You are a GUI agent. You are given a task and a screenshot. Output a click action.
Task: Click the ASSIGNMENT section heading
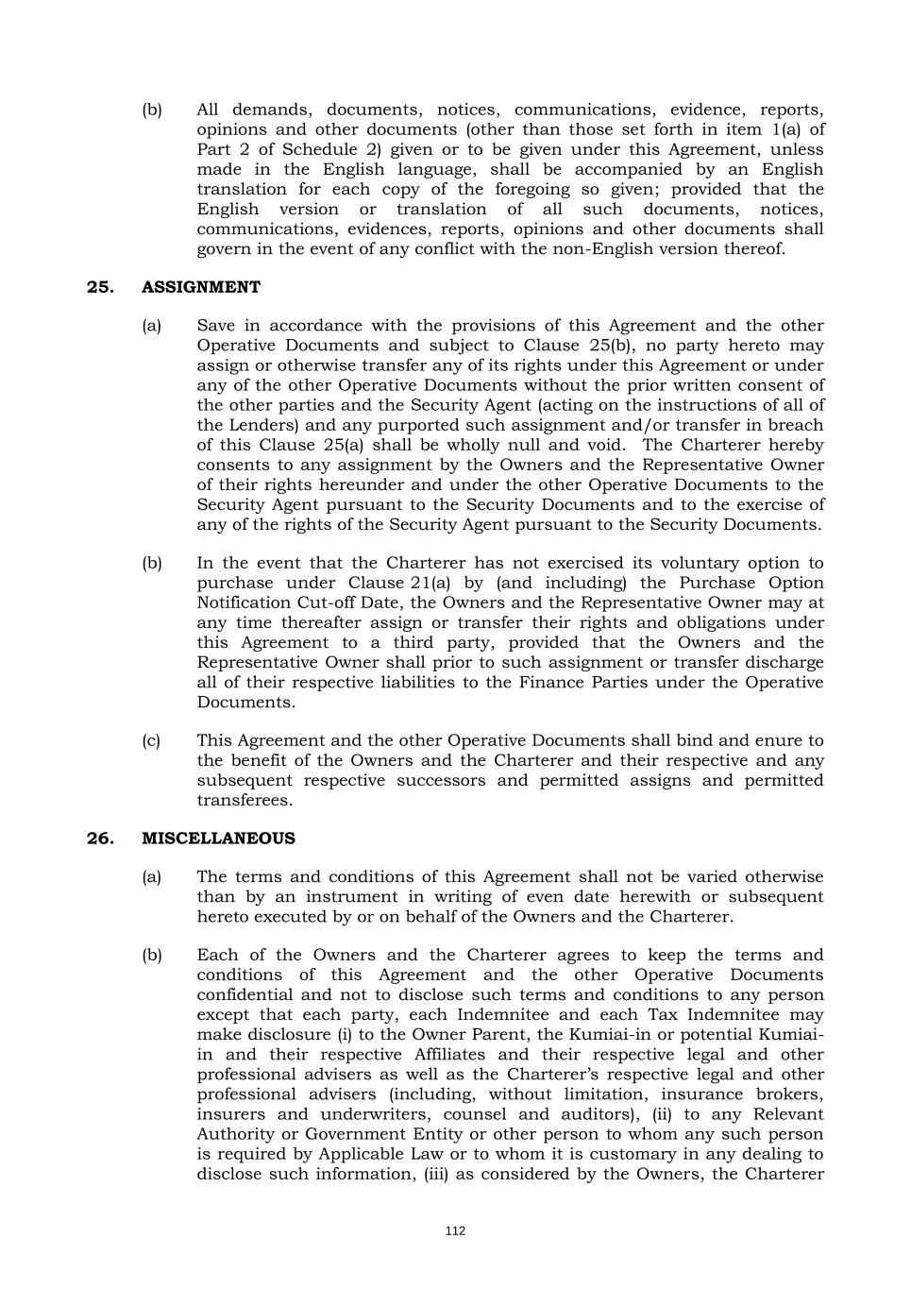201,287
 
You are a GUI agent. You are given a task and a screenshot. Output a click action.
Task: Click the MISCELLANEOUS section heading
218,839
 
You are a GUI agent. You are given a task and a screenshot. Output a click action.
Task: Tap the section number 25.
100,287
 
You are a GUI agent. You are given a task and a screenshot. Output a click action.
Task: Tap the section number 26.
100,839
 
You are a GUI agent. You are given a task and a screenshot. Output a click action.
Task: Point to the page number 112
455,1231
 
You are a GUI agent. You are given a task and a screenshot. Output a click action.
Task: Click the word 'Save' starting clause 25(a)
216,326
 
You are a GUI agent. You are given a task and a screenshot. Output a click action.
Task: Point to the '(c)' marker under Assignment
151,741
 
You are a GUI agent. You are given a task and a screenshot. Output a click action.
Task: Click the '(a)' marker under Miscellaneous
151,877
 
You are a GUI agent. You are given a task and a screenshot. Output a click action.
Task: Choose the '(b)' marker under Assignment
151,564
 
